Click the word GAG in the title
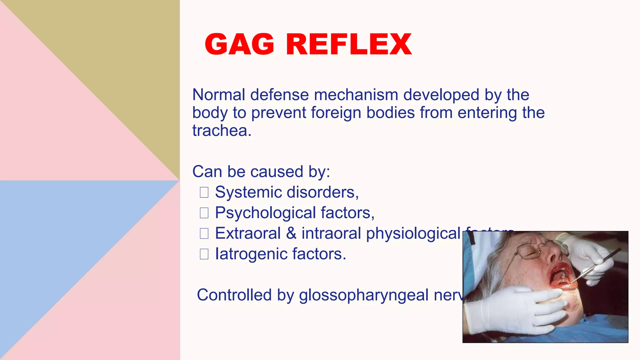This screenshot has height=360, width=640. [239, 44]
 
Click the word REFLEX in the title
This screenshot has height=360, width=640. [349, 44]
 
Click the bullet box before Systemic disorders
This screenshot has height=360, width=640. [204, 192]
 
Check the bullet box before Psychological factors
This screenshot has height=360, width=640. [204, 213]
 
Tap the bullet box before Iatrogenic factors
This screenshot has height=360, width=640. [204, 254]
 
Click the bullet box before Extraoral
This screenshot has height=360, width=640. [204, 233]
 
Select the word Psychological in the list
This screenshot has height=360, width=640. [266, 213]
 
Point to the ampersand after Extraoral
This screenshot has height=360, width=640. [291, 233]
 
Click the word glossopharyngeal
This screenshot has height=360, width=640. [364, 295]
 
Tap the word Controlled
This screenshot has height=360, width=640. [234, 295]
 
